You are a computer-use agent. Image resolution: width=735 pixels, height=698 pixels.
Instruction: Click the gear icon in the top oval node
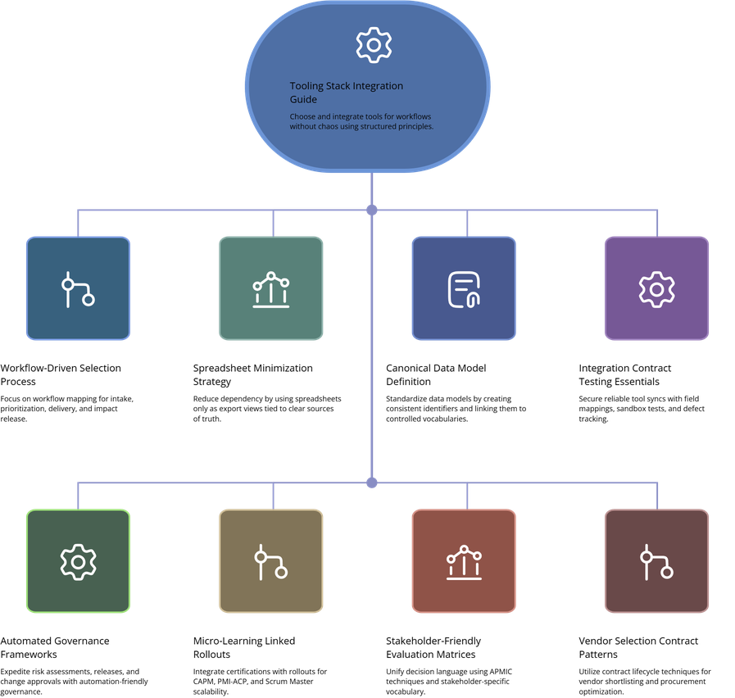point(374,45)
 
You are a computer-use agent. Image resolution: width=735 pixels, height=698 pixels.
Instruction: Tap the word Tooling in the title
point(306,86)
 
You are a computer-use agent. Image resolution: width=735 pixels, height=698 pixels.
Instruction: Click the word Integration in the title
point(379,86)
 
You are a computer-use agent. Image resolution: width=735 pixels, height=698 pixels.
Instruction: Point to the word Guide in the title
point(303,99)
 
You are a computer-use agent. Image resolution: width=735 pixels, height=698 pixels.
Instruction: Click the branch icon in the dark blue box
point(78,288)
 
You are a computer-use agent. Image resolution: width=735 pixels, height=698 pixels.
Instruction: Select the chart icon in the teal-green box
point(270,289)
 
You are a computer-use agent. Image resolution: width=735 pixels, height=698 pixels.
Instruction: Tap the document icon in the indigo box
point(464,289)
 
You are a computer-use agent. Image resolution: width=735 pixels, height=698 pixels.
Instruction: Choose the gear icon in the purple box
point(656,288)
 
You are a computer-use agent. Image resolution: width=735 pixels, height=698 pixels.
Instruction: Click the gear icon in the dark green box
point(78,561)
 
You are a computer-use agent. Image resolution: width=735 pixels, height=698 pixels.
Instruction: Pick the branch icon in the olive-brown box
point(270,561)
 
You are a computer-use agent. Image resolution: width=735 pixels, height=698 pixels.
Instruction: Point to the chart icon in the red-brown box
point(464,561)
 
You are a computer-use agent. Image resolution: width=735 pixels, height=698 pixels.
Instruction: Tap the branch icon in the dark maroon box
point(656,561)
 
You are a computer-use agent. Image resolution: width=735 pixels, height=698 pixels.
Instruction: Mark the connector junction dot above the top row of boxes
point(372,211)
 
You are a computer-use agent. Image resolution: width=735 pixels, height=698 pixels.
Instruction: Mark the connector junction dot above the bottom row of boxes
point(372,482)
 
